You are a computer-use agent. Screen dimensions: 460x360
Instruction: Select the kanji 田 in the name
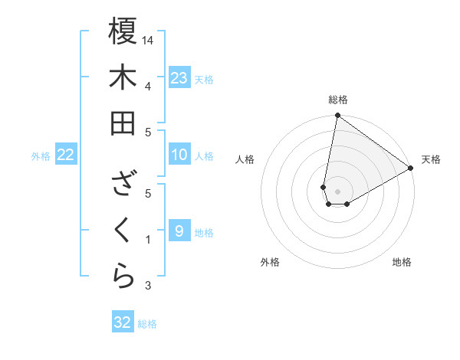pos(123,123)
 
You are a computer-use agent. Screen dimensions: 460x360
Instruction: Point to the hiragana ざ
pos(123,184)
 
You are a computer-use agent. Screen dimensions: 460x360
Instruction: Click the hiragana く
pos(123,230)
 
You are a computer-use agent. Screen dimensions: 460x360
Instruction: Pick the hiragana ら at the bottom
pos(123,276)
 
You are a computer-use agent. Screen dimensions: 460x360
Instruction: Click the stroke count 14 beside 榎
pos(149,39)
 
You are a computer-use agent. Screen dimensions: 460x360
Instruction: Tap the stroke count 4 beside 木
pos(147,85)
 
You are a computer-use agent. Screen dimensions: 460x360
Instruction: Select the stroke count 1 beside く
pos(147,240)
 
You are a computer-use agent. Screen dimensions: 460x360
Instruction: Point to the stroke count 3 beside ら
pos(147,286)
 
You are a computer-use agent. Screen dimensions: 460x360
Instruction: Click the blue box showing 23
pos(179,77)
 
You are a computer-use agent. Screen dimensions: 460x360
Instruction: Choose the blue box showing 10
pos(179,155)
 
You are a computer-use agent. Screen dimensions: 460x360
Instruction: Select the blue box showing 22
pos(66,155)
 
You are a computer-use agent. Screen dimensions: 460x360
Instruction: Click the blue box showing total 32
pos(123,322)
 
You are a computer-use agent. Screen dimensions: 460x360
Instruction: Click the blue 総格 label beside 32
pos(148,324)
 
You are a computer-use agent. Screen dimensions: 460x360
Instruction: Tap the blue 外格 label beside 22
pos(41,156)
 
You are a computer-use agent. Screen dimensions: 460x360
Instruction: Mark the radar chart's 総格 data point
pos(337,116)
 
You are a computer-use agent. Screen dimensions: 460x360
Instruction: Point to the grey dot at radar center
pos(337,190)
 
